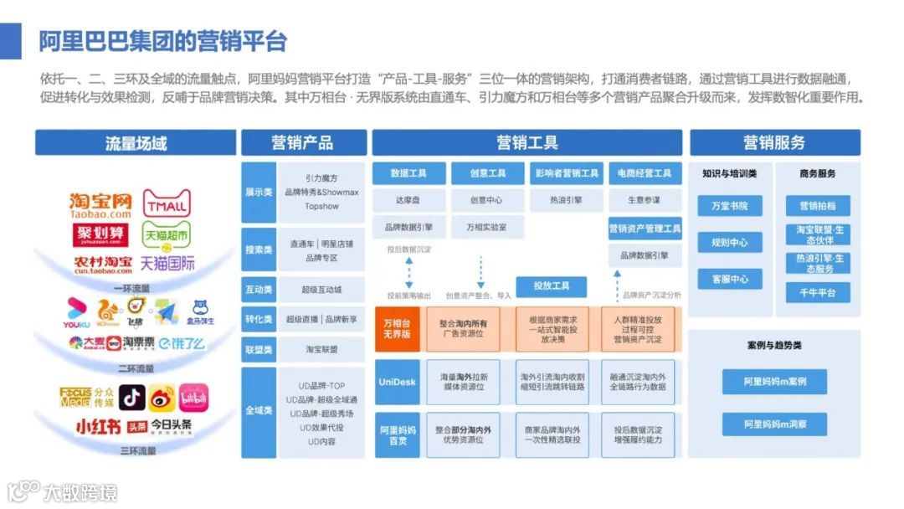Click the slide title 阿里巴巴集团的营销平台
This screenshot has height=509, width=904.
pyautogui.click(x=163, y=40)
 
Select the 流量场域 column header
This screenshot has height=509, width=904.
pyautogui.click(x=136, y=142)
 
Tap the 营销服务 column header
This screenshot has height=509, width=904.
pyautogui.click(x=774, y=142)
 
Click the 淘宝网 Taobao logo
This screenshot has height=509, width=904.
pyautogui.click(x=100, y=206)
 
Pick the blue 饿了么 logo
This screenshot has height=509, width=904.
pyautogui.click(x=182, y=342)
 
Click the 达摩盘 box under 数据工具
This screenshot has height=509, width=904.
pyautogui.click(x=408, y=201)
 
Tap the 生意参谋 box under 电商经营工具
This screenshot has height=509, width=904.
pyautogui.click(x=644, y=201)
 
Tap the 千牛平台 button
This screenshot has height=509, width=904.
pyautogui.click(x=818, y=292)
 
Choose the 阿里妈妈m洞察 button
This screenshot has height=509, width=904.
pyautogui.click(x=774, y=424)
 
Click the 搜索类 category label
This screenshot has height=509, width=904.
pyautogui.click(x=259, y=249)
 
